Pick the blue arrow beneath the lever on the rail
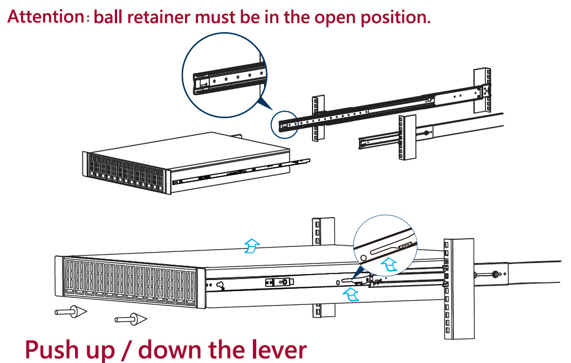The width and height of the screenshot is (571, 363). click(x=350, y=296)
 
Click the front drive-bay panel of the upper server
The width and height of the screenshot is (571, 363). click(x=125, y=172)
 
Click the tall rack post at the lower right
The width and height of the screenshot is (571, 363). click(x=458, y=287)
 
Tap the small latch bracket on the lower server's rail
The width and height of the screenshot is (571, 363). click(x=278, y=282)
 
